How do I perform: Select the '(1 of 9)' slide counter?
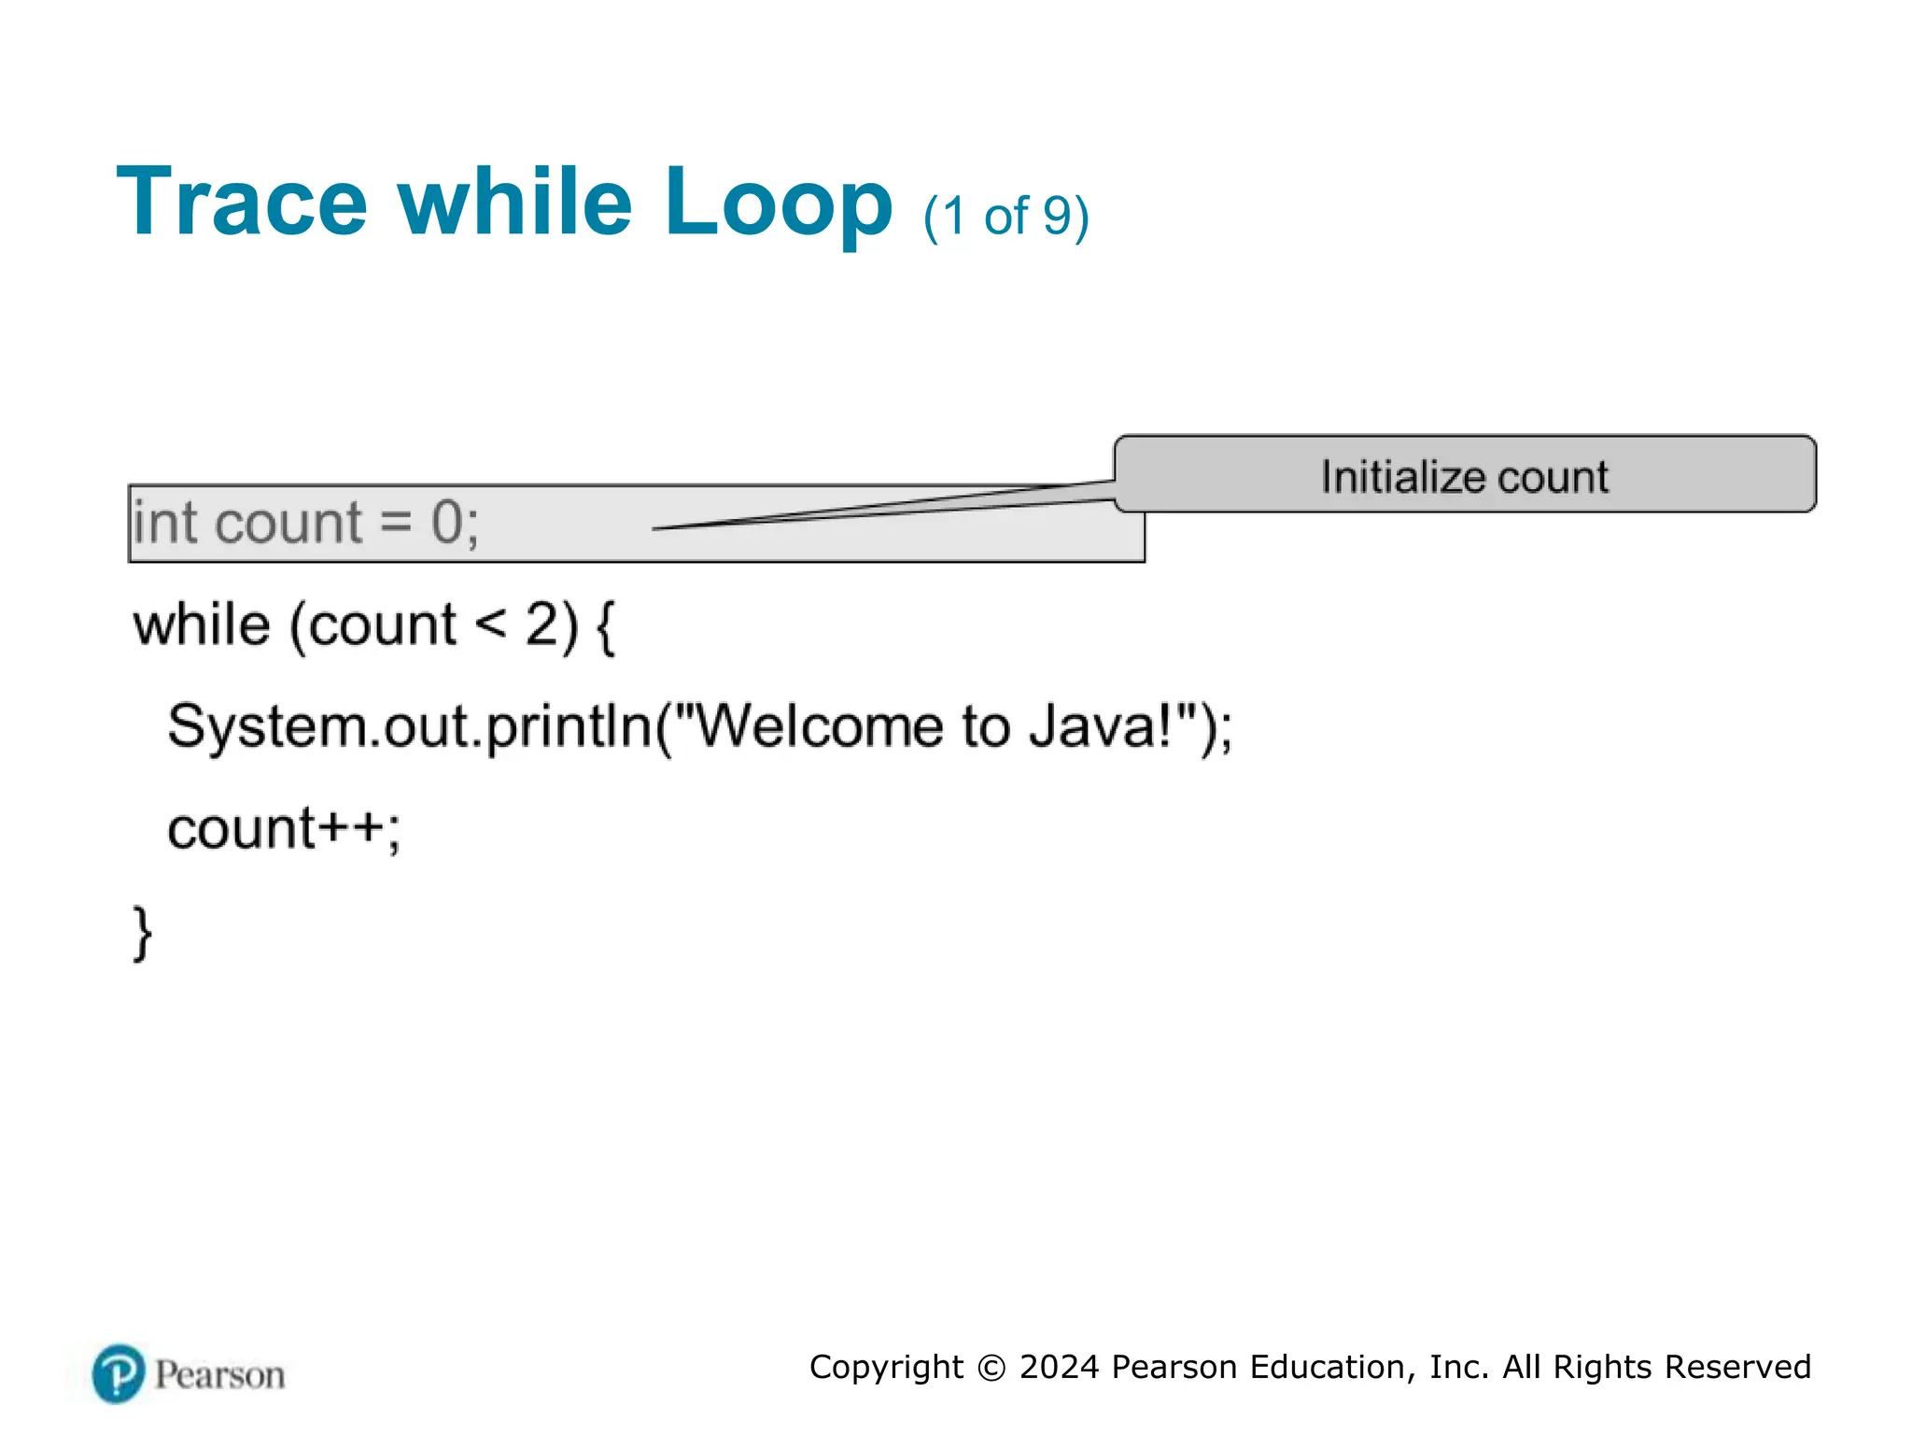click(1005, 217)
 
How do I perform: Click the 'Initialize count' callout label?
click(1464, 477)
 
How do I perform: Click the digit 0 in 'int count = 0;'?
click(447, 522)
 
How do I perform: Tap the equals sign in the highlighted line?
click(396, 522)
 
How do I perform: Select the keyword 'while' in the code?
click(202, 625)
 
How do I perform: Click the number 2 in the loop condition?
click(542, 625)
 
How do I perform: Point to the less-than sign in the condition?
click(491, 623)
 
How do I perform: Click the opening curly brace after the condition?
click(605, 626)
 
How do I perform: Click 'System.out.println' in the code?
click(410, 727)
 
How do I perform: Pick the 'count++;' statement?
click(284, 828)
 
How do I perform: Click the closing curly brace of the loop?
click(142, 932)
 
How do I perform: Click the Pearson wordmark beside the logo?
click(220, 1375)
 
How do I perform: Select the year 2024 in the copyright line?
click(1059, 1367)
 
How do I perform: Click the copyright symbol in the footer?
click(991, 1368)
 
